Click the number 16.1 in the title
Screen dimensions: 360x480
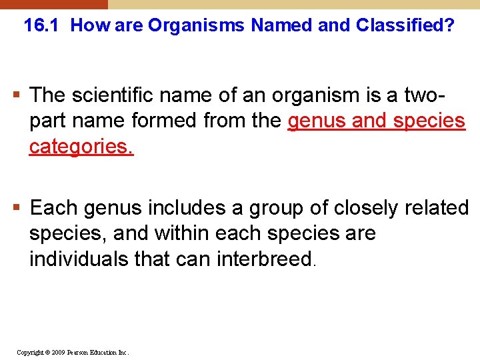coord(39,26)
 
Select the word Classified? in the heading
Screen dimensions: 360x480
coord(405,26)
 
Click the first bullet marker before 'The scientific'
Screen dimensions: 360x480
coord(19,95)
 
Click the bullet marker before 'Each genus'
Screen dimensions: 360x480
coord(19,208)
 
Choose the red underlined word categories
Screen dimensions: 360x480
coord(81,147)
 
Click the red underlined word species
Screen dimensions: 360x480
coord(429,121)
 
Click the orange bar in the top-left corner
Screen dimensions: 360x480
coord(53,4)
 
